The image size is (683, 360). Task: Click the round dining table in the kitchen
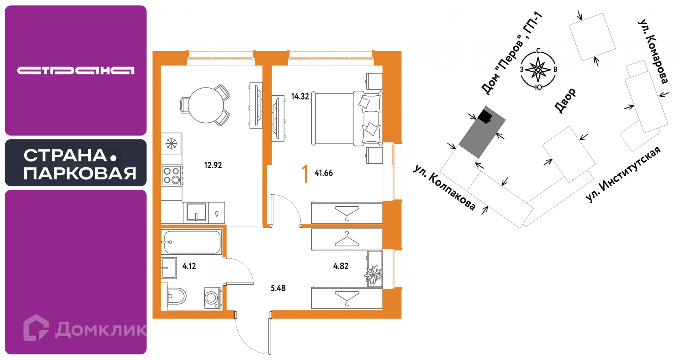coord(206,105)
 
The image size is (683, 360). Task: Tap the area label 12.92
coord(213,165)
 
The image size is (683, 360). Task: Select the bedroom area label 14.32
coord(300,96)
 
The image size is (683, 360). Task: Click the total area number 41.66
coord(324,173)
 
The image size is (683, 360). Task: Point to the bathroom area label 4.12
coord(189,266)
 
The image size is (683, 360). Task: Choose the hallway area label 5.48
coord(278,288)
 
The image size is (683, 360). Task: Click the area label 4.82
coord(341,266)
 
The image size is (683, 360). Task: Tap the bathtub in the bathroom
coord(191,242)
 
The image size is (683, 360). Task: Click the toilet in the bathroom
coord(176,296)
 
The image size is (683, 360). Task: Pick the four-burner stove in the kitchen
coord(172,175)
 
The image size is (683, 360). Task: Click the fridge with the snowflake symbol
coord(171,143)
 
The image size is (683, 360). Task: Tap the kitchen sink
coord(196,212)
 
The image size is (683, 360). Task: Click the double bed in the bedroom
coord(347,119)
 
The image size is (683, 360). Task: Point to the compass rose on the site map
coord(538,69)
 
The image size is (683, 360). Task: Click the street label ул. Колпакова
coord(444,187)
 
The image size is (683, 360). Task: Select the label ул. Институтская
coord(623,174)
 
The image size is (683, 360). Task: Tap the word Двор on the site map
coord(565,100)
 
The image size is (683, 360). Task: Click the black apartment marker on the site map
coord(485,116)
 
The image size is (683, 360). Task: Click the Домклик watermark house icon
coord(36,328)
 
